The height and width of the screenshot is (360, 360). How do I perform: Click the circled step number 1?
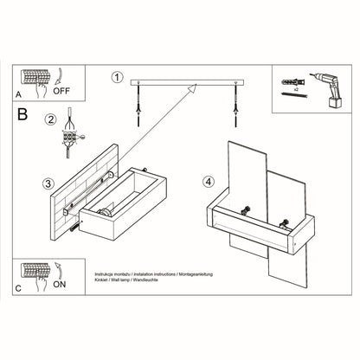pyautogui.click(x=117, y=77)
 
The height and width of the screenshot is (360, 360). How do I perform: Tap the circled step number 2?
pyautogui.click(x=51, y=119)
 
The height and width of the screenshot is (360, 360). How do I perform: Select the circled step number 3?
pyautogui.click(x=48, y=183)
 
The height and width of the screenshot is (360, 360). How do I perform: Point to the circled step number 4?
pyautogui.click(x=209, y=182)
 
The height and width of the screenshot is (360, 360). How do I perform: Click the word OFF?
pyautogui.click(x=61, y=91)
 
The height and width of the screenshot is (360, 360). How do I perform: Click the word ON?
pyautogui.click(x=60, y=285)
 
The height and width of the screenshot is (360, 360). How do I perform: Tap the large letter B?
pyautogui.click(x=22, y=114)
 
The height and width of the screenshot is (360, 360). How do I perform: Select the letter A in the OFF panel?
pyautogui.click(x=18, y=94)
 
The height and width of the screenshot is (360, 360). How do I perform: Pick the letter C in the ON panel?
pyautogui.click(x=18, y=288)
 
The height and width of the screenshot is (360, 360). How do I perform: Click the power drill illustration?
pyautogui.click(x=327, y=89)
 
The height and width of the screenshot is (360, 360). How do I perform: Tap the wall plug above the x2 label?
pyautogui.click(x=292, y=81)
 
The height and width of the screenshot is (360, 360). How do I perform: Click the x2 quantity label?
pyautogui.click(x=296, y=90)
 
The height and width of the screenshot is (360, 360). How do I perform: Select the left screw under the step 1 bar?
pyautogui.click(x=138, y=104)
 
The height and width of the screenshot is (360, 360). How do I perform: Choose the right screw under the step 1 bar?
pyautogui.click(x=236, y=104)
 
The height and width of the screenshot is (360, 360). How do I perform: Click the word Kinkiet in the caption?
pyautogui.click(x=100, y=280)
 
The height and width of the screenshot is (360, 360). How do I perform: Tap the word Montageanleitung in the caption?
pyautogui.click(x=196, y=274)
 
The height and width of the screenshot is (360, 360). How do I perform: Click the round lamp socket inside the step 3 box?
pyautogui.click(x=104, y=213)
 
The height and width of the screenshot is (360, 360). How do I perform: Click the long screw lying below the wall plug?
pyautogui.click(x=293, y=94)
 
